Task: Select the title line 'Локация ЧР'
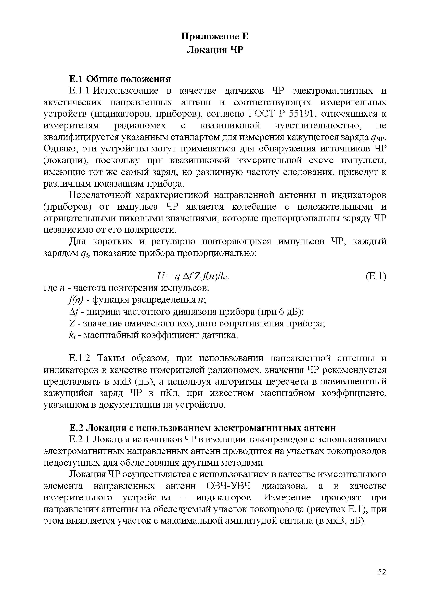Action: [x=215, y=50]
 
